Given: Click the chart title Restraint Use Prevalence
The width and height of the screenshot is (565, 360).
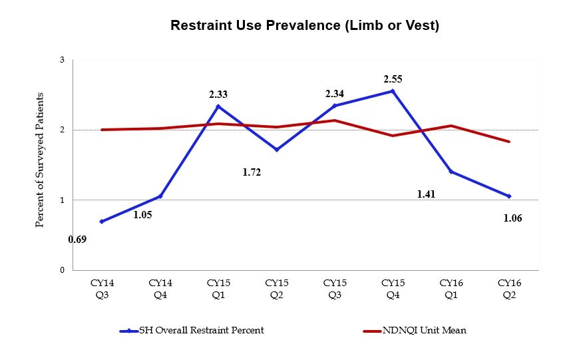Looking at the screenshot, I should [304, 26].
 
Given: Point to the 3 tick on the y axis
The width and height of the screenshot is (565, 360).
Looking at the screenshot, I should [62, 60].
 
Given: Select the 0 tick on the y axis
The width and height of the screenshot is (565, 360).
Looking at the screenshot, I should [62, 270].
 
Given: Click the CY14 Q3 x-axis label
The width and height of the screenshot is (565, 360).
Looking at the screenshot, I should [102, 287].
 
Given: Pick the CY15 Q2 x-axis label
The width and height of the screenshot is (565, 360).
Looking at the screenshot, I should [276, 287].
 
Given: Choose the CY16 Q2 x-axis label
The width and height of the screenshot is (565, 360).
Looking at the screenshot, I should [510, 287].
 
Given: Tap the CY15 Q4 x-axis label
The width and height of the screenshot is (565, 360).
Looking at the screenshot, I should [393, 287].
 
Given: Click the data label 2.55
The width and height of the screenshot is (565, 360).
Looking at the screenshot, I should [393, 79].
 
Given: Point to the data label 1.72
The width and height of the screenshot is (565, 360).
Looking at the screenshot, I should [252, 172].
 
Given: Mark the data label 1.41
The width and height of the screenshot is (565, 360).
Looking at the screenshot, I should [426, 194].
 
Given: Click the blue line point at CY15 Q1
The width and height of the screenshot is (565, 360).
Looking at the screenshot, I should [218, 106].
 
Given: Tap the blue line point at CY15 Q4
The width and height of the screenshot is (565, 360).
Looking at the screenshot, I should [393, 91].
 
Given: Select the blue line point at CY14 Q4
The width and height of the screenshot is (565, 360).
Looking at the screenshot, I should [160, 196].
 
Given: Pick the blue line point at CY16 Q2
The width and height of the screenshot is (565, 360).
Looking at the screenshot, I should [510, 196].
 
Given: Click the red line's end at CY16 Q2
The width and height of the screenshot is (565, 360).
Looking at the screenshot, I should [510, 142].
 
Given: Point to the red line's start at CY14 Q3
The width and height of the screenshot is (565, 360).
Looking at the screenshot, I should [102, 130].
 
